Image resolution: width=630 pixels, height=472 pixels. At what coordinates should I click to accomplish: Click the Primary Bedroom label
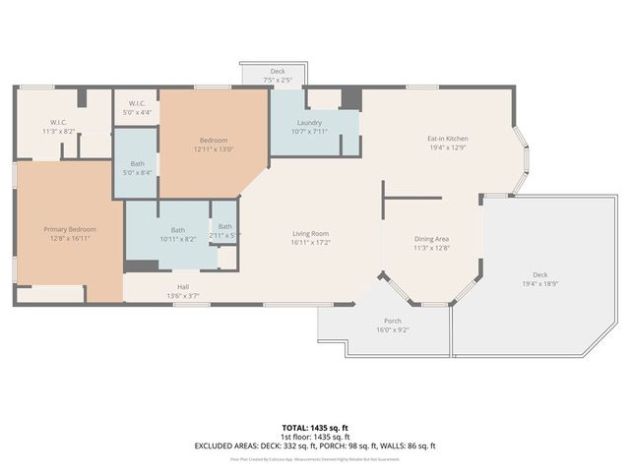click(68, 229)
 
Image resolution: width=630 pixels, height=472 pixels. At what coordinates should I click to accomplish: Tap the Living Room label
click(310, 233)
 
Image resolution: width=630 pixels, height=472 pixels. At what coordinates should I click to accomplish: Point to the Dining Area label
click(431, 239)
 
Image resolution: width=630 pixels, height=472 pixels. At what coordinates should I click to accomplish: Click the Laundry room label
click(307, 123)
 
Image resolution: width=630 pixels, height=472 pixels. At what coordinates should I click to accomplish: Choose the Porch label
click(391, 322)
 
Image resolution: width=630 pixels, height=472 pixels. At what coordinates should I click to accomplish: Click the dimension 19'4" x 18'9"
click(539, 283)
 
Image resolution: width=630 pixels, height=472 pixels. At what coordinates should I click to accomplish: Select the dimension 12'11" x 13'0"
click(214, 149)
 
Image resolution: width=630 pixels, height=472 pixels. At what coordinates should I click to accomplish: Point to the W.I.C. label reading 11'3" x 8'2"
click(59, 131)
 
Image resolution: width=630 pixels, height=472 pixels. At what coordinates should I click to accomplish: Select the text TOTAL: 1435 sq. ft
click(315, 427)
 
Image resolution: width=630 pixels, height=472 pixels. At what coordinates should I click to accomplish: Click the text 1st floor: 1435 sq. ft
click(315, 436)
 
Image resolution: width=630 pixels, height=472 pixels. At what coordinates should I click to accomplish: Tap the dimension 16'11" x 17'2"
click(310, 242)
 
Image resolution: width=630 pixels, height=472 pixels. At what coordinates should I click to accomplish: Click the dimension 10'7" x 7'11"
click(307, 132)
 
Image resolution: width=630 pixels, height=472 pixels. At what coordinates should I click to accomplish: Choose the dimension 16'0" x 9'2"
click(391, 330)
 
